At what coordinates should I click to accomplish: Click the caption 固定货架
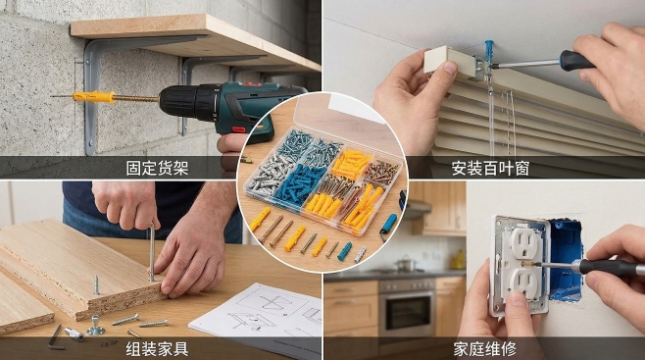[157, 168]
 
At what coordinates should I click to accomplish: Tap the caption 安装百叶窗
[490, 169]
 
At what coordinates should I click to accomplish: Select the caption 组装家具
[157, 349]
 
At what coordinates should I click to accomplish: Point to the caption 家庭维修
[485, 349]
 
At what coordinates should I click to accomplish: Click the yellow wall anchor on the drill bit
[94, 97]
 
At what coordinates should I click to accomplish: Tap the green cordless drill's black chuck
[179, 101]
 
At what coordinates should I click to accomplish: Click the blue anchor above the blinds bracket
[489, 49]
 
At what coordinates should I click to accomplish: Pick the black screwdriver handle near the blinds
[576, 61]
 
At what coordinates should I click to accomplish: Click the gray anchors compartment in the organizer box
[268, 174]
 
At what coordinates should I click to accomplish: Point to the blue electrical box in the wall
[566, 258]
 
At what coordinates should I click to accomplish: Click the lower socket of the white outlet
[523, 284]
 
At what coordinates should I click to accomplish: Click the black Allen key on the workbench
[55, 337]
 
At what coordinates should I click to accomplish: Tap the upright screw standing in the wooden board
[97, 284]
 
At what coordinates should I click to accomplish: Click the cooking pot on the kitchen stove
[406, 264]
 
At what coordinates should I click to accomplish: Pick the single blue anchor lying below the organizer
[344, 251]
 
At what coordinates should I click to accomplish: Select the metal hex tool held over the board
[152, 252]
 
